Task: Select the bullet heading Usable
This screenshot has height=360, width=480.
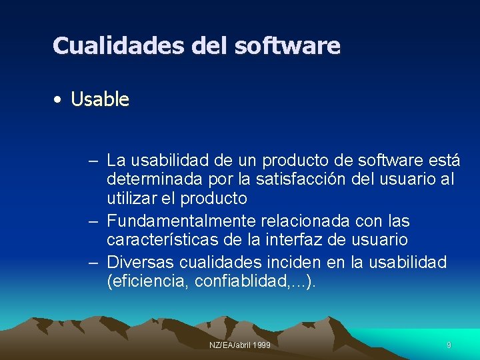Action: point(100,100)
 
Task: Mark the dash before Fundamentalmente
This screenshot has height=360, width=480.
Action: point(93,221)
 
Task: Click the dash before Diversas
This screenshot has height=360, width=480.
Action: point(93,262)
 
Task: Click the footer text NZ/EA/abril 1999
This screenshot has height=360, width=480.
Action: point(240,345)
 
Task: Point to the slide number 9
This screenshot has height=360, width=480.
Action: point(449,345)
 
